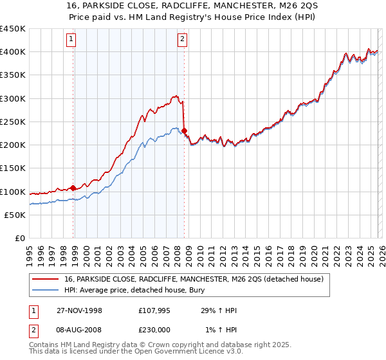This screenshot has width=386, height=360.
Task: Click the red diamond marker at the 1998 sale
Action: click(73, 188)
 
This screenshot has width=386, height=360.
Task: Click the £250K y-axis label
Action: click(13, 122)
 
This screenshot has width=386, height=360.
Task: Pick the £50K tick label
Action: click(15, 215)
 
